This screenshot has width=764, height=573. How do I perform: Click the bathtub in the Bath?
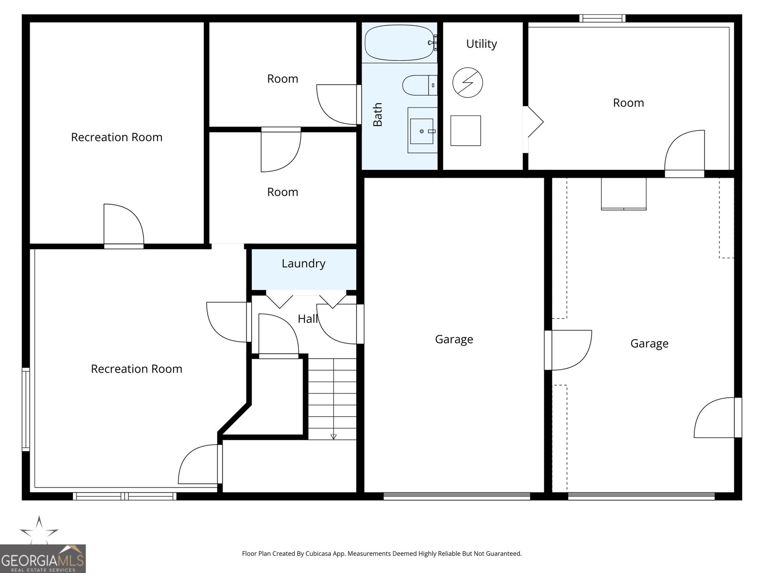pyautogui.click(x=399, y=43)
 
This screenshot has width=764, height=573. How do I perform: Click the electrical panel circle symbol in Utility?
pyautogui.click(x=467, y=83)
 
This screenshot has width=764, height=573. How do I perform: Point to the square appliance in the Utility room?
pyautogui.click(x=466, y=130)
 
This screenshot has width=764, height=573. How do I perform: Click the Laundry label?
pyautogui.click(x=304, y=264)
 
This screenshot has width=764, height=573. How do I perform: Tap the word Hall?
pyautogui.click(x=308, y=319)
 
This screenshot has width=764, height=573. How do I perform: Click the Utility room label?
pyautogui.click(x=481, y=44)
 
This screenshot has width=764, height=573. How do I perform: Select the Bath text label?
pyautogui.click(x=378, y=115)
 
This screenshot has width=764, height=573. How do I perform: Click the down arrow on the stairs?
pyautogui.click(x=333, y=436)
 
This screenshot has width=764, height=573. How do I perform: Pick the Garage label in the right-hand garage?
pyautogui.click(x=649, y=344)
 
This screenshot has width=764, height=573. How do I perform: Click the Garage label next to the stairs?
pyautogui.click(x=454, y=340)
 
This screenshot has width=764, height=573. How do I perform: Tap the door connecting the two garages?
pyautogui.click(x=568, y=350)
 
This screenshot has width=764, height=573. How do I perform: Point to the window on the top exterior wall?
pyautogui.click(x=602, y=19)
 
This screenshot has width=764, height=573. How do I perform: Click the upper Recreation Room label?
pyautogui.click(x=117, y=138)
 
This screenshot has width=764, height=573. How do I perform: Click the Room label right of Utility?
pyautogui.click(x=628, y=103)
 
